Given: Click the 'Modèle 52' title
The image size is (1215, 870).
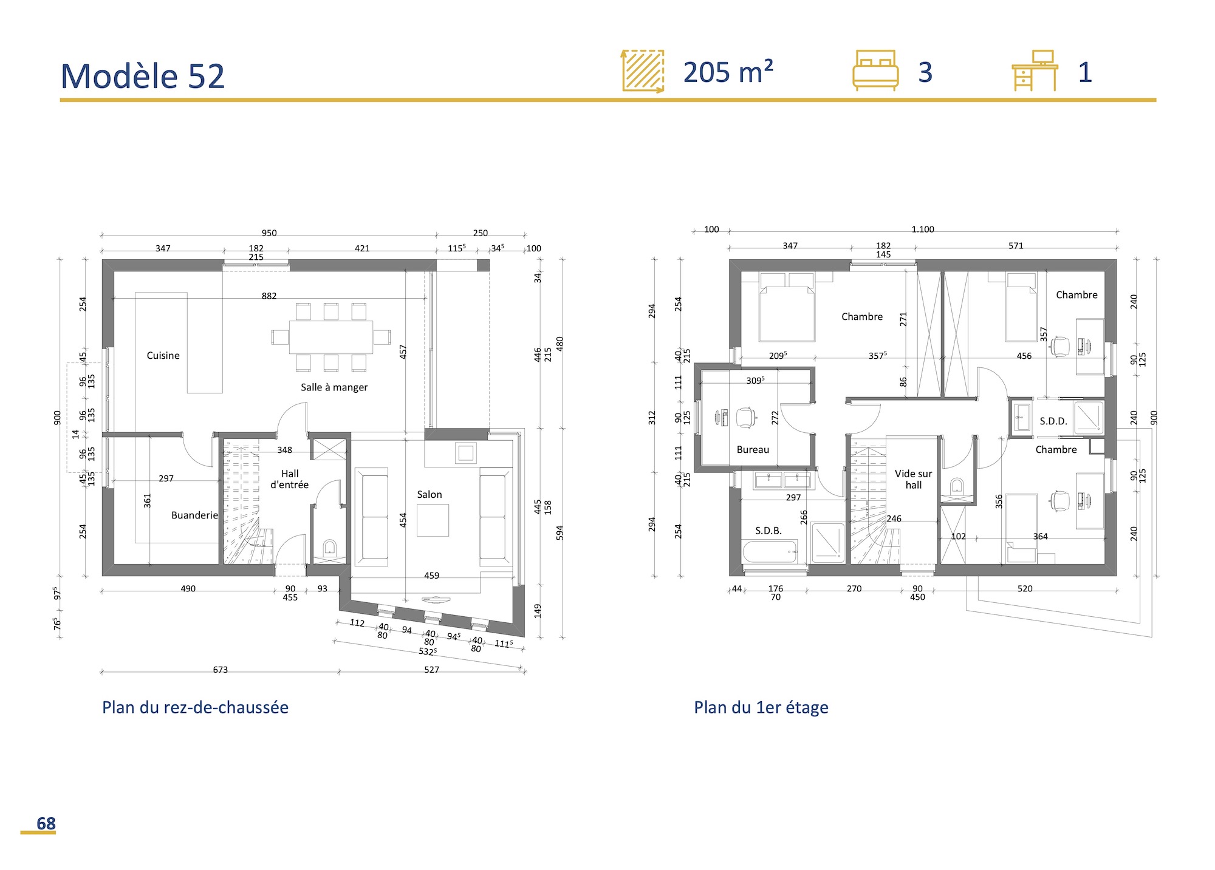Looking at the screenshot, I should pyautogui.click(x=143, y=76).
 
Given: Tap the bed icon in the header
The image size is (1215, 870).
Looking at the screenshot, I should pyautogui.click(x=875, y=70).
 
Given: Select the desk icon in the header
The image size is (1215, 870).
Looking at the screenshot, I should pyautogui.click(x=1034, y=70).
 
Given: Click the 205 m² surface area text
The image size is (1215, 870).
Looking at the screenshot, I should pyautogui.click(x=728, y=72).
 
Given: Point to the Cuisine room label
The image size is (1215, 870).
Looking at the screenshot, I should pyautogui.click(x=163, y=356).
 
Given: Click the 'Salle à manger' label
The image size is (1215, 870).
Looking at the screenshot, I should pyautogui.click(x=334, y=387).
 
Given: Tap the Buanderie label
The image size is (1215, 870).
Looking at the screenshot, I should pyautogui.click(x=194, y=515).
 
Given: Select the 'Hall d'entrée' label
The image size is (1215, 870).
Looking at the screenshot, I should pyautogui.click(x=289, y=479).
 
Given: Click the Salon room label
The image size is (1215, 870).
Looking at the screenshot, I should pyautogui.click(x=429, y=495).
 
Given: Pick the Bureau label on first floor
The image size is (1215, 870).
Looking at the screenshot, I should pyautogui.click(x=753, y=450).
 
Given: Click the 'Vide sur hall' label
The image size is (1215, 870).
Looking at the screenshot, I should pyautogui.click(x=913, y=479).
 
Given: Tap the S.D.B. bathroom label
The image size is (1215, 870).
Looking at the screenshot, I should pyautogui.click(x=768, y=531).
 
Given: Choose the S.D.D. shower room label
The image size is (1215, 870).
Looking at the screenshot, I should pyautogui.click(x=1053, y=421).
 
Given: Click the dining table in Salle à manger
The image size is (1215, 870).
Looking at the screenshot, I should pyautogui.click(x=330, y=337).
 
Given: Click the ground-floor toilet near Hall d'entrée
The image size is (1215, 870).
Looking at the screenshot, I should pyautogui.click(x=329, y=548).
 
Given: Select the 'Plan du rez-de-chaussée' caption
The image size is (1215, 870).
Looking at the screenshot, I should pyautogui.click(x=195, y=707).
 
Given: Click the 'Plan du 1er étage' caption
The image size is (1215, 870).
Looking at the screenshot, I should pyautogui.click(x=761, y=707).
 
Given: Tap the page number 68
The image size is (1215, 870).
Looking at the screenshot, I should pyautogui.click(x=46, y=823).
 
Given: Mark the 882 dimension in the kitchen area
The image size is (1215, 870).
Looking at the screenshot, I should pyautogui.click(x=269, y=296).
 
